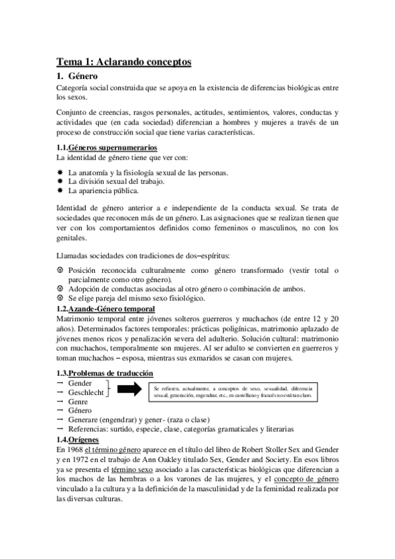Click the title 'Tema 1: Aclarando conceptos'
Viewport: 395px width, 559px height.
click(x=124, y=62)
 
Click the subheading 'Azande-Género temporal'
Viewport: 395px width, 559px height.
click(x=112, y=309)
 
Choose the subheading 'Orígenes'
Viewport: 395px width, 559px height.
click(x=84, y=439)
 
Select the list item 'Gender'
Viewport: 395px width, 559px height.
click(x=80, y=383)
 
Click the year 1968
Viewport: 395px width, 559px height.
click(x=75, y=449)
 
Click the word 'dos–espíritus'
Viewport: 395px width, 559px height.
click(x=217, y=254)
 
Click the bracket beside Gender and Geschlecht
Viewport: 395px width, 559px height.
click(x=109, y=388)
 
